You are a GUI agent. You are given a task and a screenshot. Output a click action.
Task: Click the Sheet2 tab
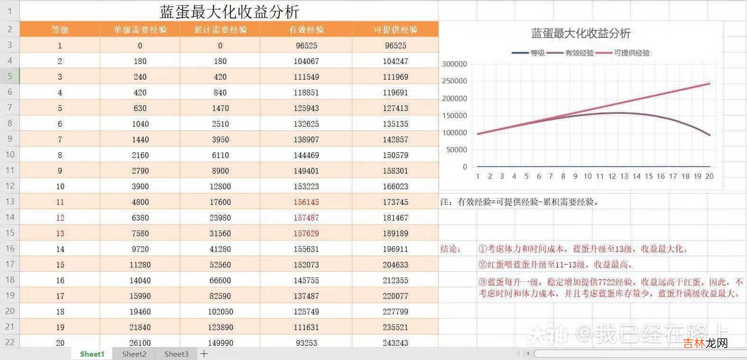(x=134, y=354)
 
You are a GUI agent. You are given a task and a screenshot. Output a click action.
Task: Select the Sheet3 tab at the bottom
(x=176, y=354)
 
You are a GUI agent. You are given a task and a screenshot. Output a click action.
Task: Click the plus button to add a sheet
(x=204, y=354)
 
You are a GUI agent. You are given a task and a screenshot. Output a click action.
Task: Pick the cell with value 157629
(x=306, y=233)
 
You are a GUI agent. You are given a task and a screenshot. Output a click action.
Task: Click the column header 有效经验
(x=306, y=29)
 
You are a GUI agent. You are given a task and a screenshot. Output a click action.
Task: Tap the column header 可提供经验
(x=396, y=29)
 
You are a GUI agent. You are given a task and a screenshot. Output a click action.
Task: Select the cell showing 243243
(x=396, y=343)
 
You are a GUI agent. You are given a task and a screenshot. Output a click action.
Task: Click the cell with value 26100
(x=140, y=343)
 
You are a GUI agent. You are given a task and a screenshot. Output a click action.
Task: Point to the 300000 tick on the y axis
(x=454, y=64)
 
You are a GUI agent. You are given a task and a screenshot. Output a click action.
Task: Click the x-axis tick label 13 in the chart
(x=624, y=176)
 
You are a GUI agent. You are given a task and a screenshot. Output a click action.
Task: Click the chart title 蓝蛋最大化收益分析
(x=581, y=33)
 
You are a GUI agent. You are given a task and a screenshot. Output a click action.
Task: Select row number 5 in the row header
(x=9, y=76)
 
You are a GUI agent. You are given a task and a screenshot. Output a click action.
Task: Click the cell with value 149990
(x=220, y=343)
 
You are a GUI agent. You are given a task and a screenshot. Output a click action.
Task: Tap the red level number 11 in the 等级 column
(x=60, y=202)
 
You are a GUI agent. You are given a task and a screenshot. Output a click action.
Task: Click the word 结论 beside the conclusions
(x=450, y=249)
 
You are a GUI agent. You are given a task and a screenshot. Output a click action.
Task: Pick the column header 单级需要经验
(x=140, y=29)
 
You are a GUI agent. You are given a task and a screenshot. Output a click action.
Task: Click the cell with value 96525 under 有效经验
(x=306, y=46)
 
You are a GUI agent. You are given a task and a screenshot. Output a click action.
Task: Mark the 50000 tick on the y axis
(x=456, y=150)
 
